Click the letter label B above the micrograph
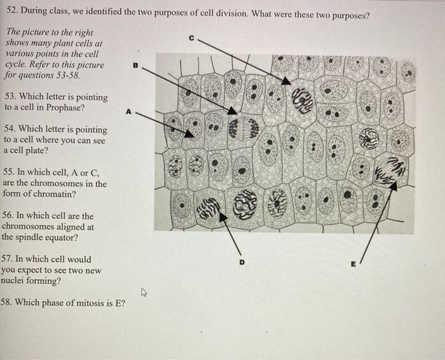coord(134,64)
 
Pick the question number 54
coord(10,129)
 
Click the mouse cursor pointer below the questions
coord(144,293)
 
